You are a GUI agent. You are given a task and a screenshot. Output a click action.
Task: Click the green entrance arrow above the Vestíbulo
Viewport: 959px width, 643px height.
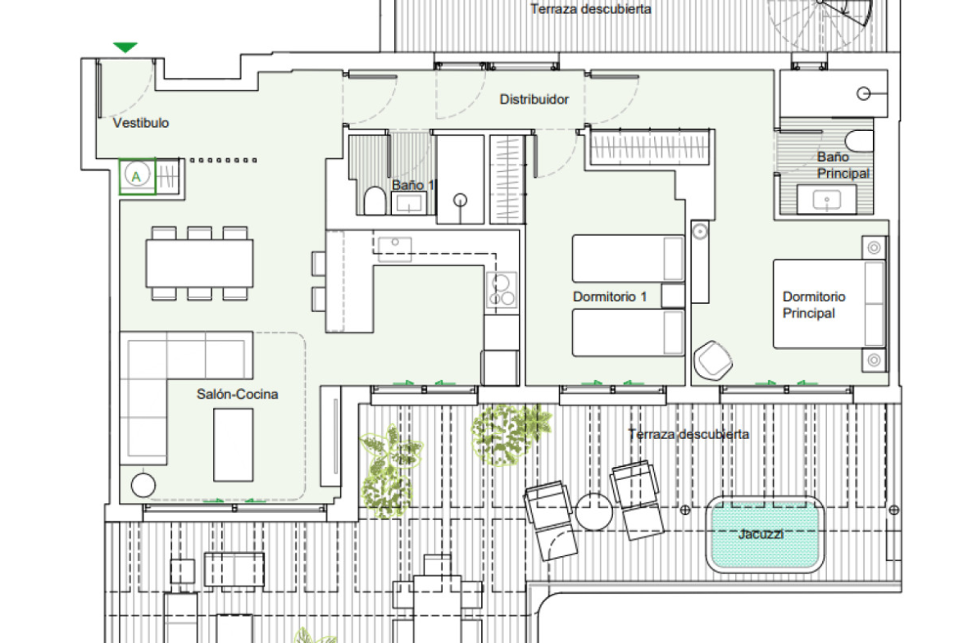[125, 47]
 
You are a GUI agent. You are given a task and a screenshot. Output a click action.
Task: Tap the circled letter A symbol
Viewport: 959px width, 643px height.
[136, 176]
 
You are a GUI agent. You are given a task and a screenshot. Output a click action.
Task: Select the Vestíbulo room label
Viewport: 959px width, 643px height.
[141, 123]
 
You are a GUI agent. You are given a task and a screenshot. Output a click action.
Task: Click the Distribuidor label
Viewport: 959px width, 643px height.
[534, 99]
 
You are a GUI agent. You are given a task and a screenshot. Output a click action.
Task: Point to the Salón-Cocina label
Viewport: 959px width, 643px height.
[238, 394]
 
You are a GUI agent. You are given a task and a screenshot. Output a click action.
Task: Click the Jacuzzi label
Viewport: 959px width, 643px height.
[761, 534]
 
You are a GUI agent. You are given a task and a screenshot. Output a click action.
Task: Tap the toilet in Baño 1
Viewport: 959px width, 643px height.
[375, 201]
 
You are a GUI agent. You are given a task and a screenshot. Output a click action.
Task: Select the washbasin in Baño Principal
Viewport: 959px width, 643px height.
[827, 199]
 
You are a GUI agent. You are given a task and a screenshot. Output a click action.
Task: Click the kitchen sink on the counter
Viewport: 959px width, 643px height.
[394, 246]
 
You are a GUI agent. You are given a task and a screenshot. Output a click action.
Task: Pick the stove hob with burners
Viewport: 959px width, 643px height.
[502, 290]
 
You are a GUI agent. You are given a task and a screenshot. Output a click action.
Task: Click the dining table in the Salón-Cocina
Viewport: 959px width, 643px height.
[199, 264]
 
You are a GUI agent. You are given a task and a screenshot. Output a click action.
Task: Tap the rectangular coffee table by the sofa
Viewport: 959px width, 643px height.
[233, 445]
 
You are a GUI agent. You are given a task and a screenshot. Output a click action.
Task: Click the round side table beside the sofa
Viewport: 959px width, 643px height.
[143, 485]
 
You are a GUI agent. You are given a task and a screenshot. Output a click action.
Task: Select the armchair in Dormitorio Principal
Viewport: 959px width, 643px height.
[712, 360]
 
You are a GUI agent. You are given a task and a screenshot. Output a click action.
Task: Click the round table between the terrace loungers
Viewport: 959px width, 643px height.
[593, 512]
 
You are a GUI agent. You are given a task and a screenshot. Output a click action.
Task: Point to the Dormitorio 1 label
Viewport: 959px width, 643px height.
[610, 297]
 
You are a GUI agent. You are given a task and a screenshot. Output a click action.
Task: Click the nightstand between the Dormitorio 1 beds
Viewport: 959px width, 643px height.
[673, 296]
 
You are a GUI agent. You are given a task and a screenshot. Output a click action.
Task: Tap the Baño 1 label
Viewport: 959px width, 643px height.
[413, 184]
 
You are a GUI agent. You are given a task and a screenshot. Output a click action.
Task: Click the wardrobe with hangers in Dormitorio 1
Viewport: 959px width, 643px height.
[649, 147]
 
